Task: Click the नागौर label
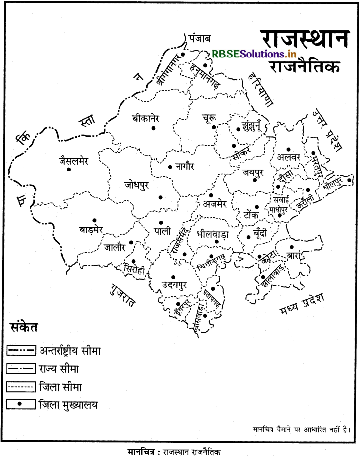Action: (x=188, y=167)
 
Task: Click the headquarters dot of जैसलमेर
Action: (x=69, y=170)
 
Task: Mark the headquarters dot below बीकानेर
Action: (x=153, y=128)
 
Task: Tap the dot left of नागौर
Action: (x=170, y=167)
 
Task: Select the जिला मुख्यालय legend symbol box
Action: (x=21, y=404)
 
